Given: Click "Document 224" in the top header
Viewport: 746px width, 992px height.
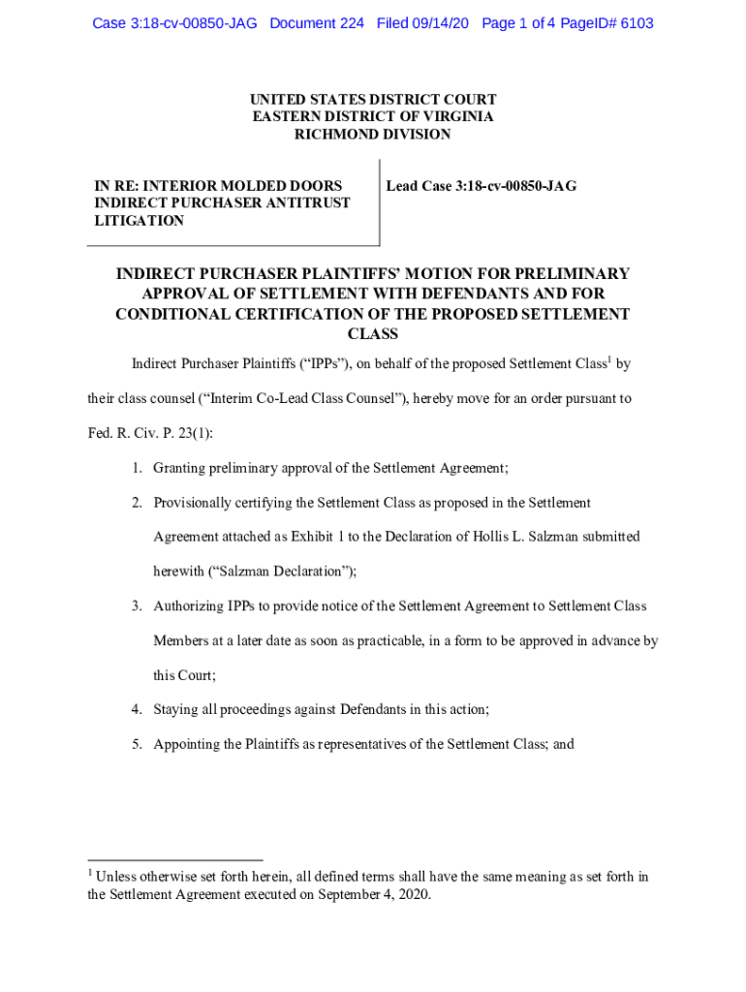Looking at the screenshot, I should pyautogui.click(x=317, y=23).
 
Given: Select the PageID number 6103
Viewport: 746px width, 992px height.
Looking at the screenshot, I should pyautogui.click(x=636, y=23).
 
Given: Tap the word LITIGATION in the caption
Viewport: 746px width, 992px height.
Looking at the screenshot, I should pyautogui.click(x=139, y=221).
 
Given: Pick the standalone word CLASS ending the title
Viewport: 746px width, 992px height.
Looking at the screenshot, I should pyautogui.click(x=373, y=334).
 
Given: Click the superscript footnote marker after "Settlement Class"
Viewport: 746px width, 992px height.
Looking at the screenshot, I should pyautogui.click(x=608, y=360).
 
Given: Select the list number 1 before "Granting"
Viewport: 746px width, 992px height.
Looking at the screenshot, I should pyautogui.click(x=138, y=468).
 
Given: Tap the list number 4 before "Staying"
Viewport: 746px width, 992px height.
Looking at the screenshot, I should pyautogui.click(x=138, y=709).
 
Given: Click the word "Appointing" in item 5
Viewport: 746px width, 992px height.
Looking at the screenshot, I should pyautogui.click(x=191, y=744).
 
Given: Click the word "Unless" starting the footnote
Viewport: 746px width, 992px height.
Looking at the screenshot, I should pyautogui.click(x=118, y=878).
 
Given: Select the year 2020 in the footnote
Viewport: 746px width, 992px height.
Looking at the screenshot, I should pyautogui.click(x=411, y=895).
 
